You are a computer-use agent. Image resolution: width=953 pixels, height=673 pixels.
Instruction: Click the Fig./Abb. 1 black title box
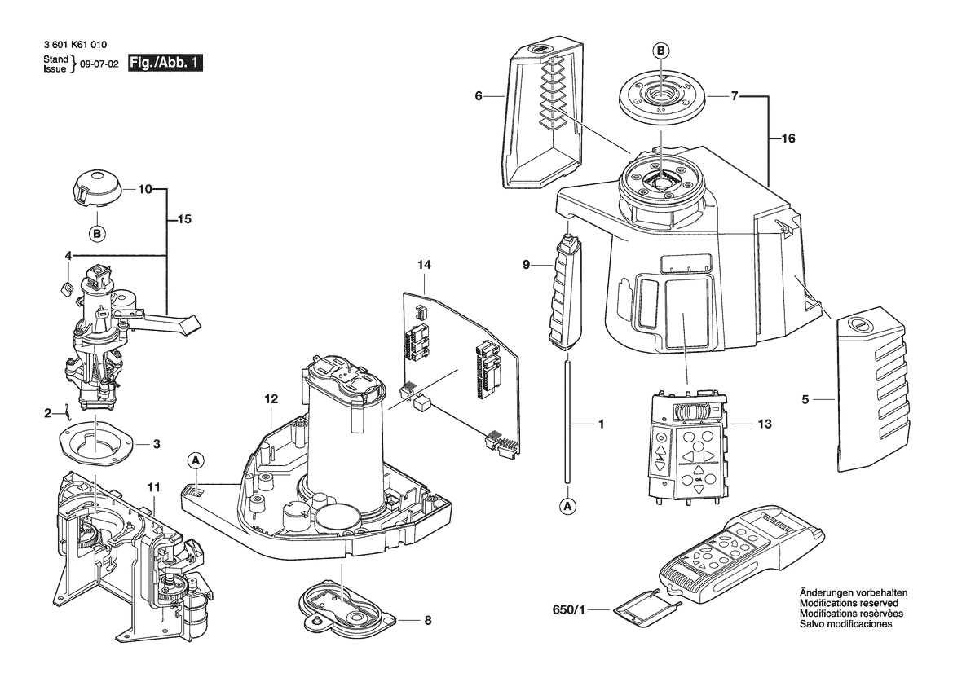pyautogui.click(x=165, y=64)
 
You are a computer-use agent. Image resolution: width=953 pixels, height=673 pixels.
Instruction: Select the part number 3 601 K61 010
pyautogui.click(x=75, y=44)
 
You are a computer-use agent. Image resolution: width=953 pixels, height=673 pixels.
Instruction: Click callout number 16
pyautogui.click(x=788, y=139)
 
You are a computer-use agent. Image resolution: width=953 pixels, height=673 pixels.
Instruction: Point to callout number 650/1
pyautogui.click(x=569, y=609)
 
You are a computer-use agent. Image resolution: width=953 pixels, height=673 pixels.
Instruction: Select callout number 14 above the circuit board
pyautogui.click(x=424, y=265)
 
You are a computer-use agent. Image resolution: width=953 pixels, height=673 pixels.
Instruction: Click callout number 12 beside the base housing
pyautogui.click(x=271, y=399)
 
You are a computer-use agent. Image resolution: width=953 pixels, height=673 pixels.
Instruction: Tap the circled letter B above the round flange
pyautogui.click(x=661, y=51)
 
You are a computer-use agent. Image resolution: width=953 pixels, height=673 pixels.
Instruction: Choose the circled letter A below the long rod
pyautogui.click(x=567, y=505)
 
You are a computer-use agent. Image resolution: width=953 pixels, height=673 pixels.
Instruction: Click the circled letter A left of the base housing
pyautogui.click(x=196, y=461)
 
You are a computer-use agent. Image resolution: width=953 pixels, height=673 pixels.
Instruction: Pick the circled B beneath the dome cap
pyautogui.click(x=97, y=233)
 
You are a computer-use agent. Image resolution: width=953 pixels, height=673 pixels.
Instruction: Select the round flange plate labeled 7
pyautogui.click(x=660, y=97)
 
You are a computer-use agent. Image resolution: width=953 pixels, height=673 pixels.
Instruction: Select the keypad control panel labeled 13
pyautogui.click(x=688, y=446)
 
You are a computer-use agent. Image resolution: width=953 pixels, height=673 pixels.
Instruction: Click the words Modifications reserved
pyautogui.click(x=849, y=604)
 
